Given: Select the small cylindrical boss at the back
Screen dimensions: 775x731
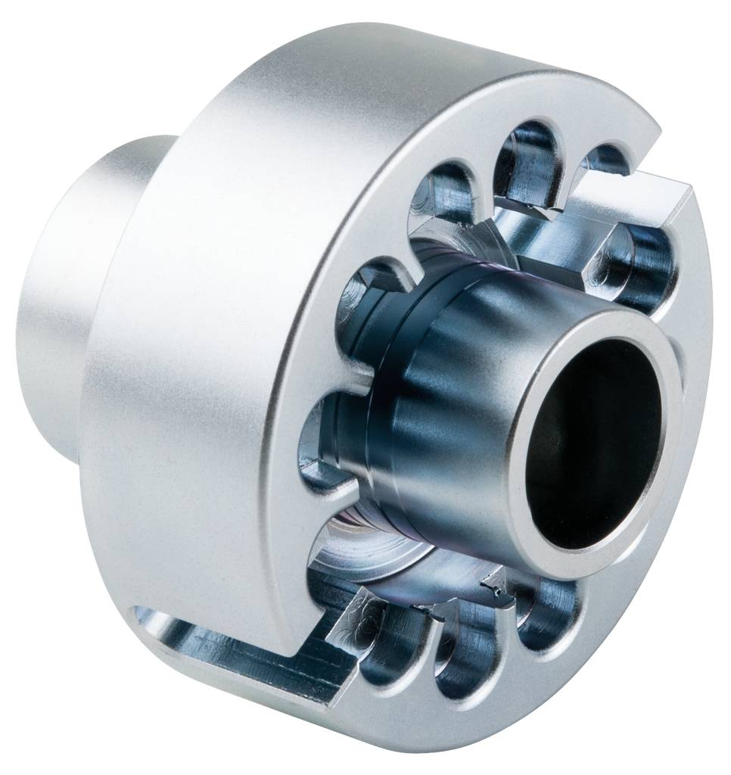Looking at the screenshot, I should coord(83,295).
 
